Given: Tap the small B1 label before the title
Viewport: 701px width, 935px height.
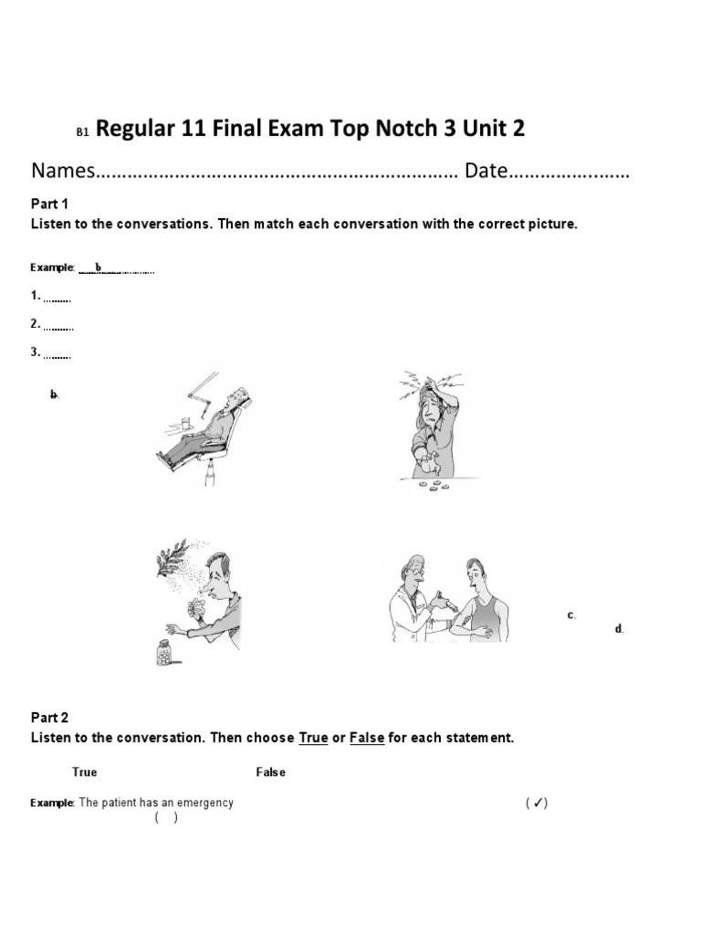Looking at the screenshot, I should click(x=82, y=132).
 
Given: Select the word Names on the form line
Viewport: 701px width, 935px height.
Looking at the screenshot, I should click(x=63, y=172).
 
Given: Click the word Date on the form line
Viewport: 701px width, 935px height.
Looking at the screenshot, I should click(x=486, y=172).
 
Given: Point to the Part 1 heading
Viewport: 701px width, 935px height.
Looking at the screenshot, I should click(x=50, y=204).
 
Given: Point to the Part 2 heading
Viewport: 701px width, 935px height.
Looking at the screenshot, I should click(x=50, y=718).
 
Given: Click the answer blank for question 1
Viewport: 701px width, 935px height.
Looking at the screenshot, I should click(x=58, y=298).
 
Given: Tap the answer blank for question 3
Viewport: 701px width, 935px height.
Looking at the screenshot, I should click(x=58, y=354).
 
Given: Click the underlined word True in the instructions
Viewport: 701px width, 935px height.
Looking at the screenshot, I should click(x=313, y=738).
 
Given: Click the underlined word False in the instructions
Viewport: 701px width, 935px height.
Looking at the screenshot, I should click(x=367, y=738).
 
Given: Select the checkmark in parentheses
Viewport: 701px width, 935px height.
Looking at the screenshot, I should click(x=537, y=804).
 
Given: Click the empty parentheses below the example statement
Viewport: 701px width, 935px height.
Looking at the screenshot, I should click(x=166, y=818).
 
